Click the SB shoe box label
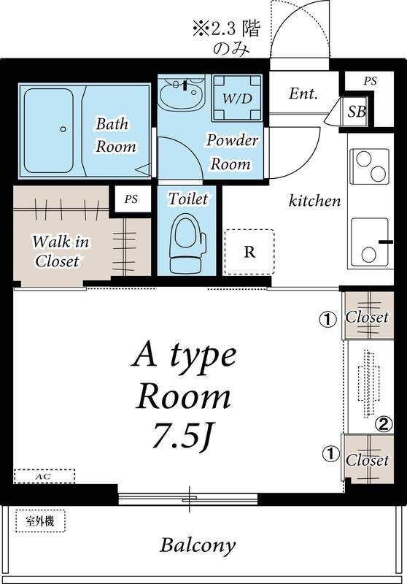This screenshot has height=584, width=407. (x=357, y=112)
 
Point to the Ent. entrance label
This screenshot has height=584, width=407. (x=303, y=94)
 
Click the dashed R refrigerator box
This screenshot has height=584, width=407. (x=249, y=253)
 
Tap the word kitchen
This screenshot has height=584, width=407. (x=315, y=200)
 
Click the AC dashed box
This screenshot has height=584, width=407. (x=44, y=477)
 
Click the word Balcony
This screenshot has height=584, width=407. (x=198, y=545)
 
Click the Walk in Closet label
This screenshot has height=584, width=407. (x=57, y=250)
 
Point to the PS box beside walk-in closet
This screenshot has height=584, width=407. (x=131, y=198)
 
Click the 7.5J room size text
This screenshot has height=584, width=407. (x=185, y=437)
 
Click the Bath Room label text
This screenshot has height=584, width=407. (x=115, y=135)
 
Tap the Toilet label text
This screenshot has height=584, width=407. (x=187, y=199)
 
